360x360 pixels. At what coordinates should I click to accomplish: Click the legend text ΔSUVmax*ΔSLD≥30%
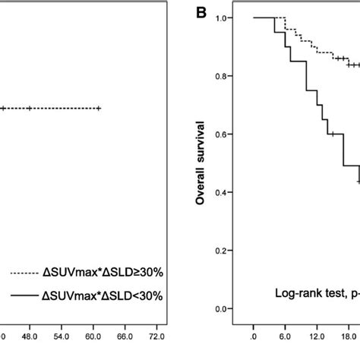point(111,271)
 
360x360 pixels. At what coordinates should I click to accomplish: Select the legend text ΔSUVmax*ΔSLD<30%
point(111,295)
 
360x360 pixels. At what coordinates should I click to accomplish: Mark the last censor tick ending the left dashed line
point(99,109)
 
